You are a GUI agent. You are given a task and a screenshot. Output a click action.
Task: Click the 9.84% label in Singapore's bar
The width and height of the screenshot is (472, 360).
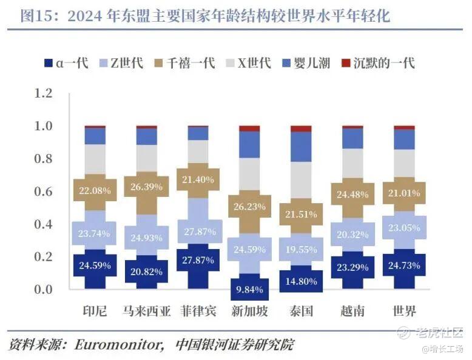(x=249, y=289)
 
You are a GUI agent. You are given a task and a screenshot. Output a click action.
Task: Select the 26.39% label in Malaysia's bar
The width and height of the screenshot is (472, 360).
(x=146, y=187)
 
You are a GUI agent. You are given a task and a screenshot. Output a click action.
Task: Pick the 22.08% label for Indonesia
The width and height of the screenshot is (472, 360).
(x=95, y=191)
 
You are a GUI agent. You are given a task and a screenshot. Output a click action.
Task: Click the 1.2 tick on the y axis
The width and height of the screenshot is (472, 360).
(x=44, y=94)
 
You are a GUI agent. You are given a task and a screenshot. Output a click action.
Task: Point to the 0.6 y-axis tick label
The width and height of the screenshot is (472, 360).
(x=44, y=192)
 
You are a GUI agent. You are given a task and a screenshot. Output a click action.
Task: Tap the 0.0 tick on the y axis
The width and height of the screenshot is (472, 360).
(x=44, y=289)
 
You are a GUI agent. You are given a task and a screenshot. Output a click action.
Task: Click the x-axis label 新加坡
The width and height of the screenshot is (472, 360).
(x=249, y=312)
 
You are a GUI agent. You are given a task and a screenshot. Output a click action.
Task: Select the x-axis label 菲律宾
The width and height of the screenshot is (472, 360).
(x=198, y=312)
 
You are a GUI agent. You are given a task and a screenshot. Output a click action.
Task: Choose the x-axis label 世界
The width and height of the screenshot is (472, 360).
(x=404, y=312)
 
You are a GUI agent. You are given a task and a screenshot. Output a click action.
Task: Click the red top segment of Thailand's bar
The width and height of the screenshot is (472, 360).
(x=301, y=128)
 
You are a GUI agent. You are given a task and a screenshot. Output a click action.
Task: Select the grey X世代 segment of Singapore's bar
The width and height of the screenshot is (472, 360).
(x=249, y=174)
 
